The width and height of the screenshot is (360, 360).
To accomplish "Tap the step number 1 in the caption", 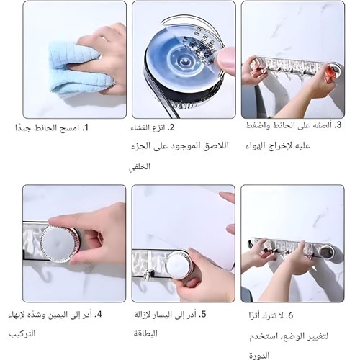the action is tap(86, 127).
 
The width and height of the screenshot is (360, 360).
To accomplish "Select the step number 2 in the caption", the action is tap(171, 127).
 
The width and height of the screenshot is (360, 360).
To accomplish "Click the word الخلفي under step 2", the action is tap(140, 166).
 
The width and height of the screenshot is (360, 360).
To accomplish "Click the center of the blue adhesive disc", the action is tap(184, 63).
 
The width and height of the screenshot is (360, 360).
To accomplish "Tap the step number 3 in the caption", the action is tap(338, 125).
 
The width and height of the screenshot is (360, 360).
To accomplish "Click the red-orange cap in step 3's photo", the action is tap(330, 71).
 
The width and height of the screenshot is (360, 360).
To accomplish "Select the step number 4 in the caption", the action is tap(99, 315).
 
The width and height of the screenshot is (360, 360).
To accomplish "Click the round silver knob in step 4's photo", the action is tap(58, 243).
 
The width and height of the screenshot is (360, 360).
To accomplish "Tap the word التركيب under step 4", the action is tap(22, 333).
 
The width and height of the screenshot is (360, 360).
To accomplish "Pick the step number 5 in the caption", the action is tap(203, 315).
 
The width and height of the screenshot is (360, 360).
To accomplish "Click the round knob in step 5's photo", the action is tap(179, 264).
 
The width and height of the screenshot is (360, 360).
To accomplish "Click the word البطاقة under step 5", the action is tap(145, 333).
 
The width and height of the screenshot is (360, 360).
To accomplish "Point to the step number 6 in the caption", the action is tap(289, 315).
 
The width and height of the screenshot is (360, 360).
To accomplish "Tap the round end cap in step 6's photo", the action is tap(326, 251).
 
